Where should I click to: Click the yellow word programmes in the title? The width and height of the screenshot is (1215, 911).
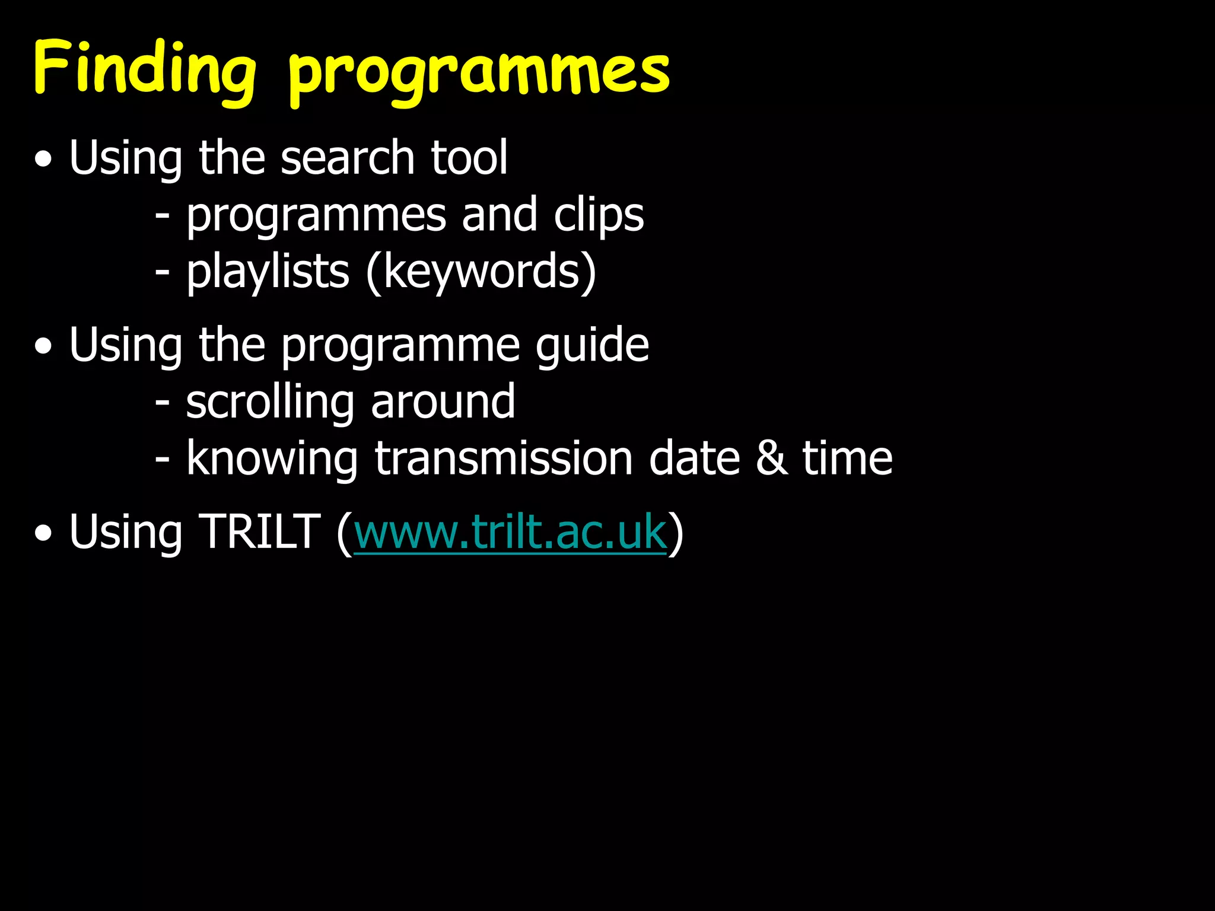pos(479,74)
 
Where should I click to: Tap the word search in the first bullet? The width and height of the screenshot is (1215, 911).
pos(347,158)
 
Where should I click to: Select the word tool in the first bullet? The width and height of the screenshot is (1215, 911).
pos(469,158)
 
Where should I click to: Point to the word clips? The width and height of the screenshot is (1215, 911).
pos(599,215)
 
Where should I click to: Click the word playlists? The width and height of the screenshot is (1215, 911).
pos(268,272)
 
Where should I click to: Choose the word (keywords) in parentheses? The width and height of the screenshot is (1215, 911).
pos(481,272)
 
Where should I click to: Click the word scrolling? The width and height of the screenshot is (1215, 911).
pos(270,402)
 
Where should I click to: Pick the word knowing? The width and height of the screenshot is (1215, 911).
pos(272,459)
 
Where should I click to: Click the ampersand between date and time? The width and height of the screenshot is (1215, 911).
pos(771,459)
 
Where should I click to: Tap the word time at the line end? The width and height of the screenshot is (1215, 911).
pos(847,459)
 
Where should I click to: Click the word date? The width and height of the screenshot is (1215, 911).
pos(694,459)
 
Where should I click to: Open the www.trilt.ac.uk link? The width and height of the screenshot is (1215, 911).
pos(510,532)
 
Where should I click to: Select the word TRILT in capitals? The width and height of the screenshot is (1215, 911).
pos(260,532)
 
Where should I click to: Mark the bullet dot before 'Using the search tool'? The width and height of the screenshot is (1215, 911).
pos(43,160)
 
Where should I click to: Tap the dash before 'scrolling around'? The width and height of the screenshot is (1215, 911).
pos(162,402)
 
